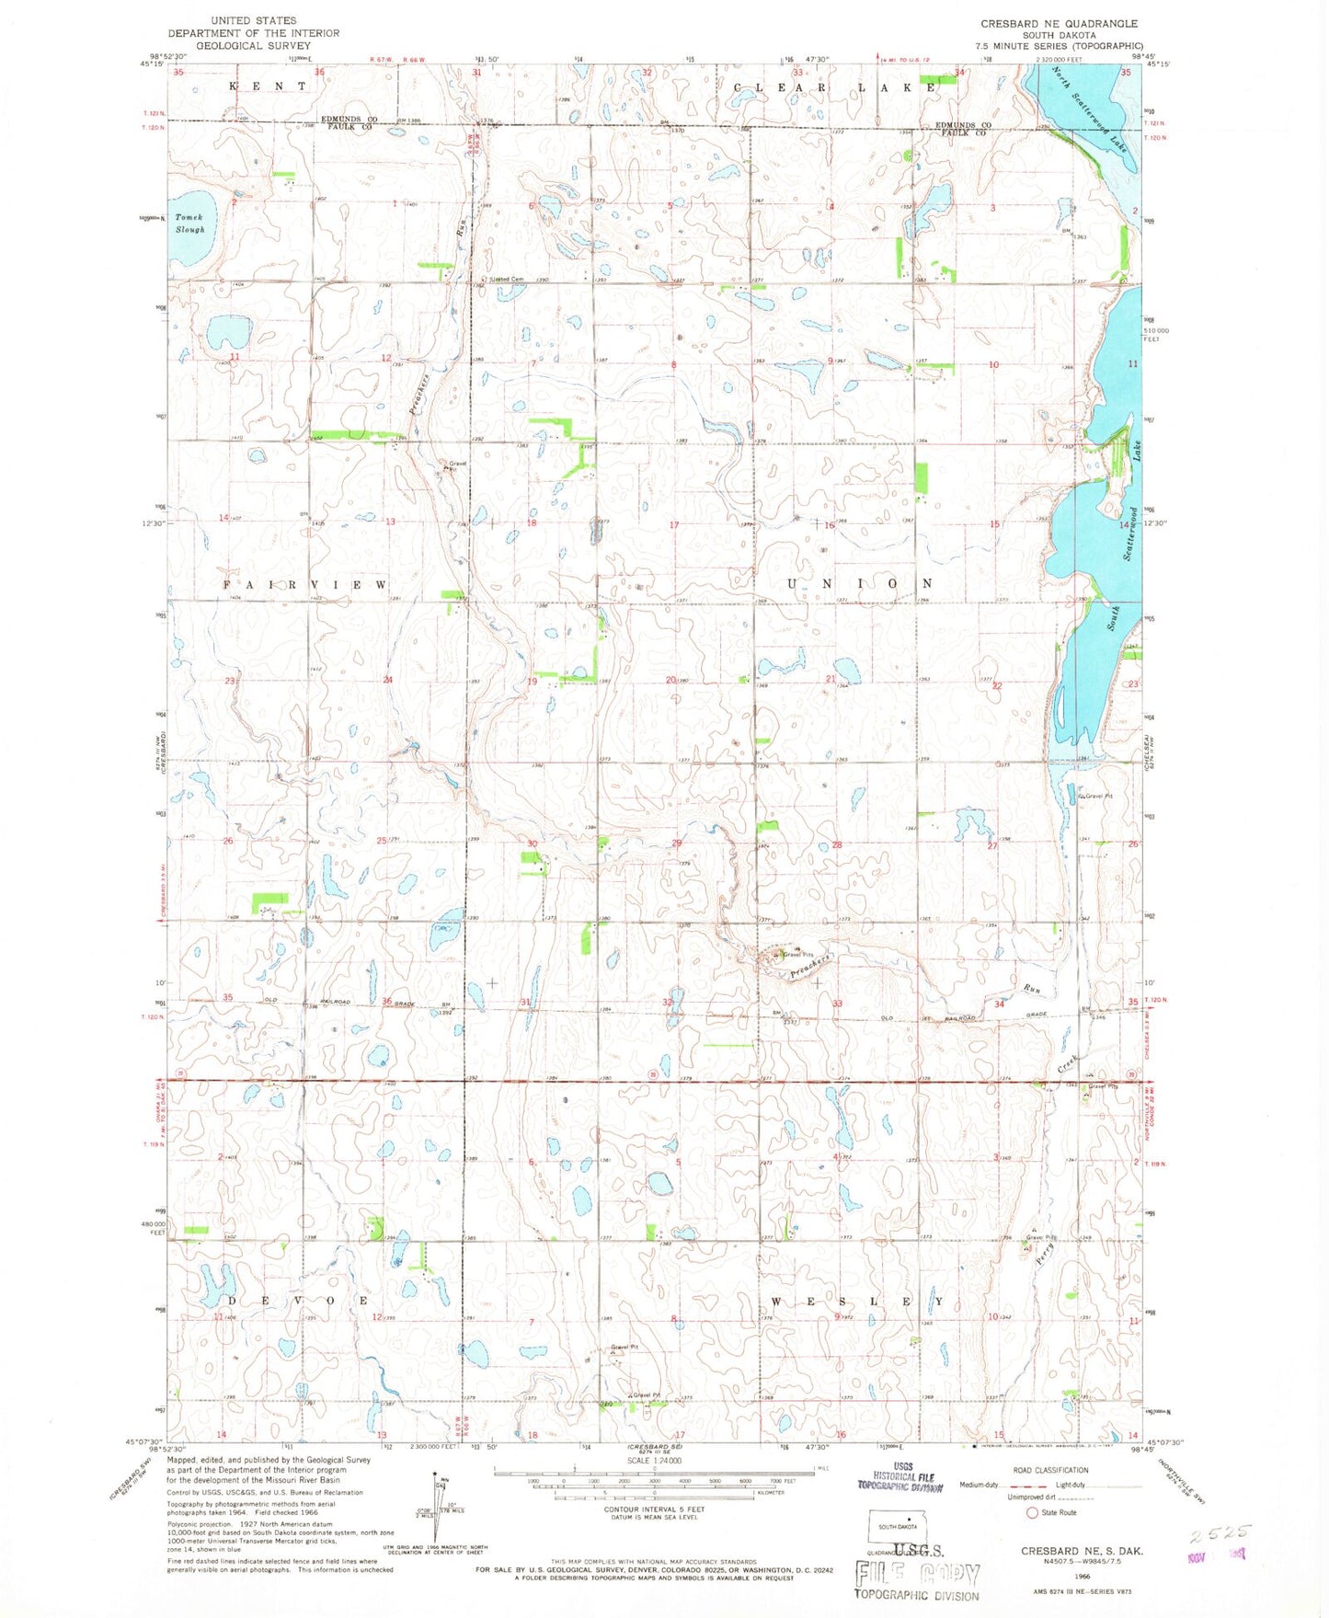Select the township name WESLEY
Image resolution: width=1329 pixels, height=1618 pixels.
(857, 1302)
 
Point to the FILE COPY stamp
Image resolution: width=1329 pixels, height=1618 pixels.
(917, 1575)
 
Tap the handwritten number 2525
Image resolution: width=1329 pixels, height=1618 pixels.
(1219, 1533)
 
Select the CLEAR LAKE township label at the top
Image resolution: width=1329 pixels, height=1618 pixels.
(835, 86)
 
